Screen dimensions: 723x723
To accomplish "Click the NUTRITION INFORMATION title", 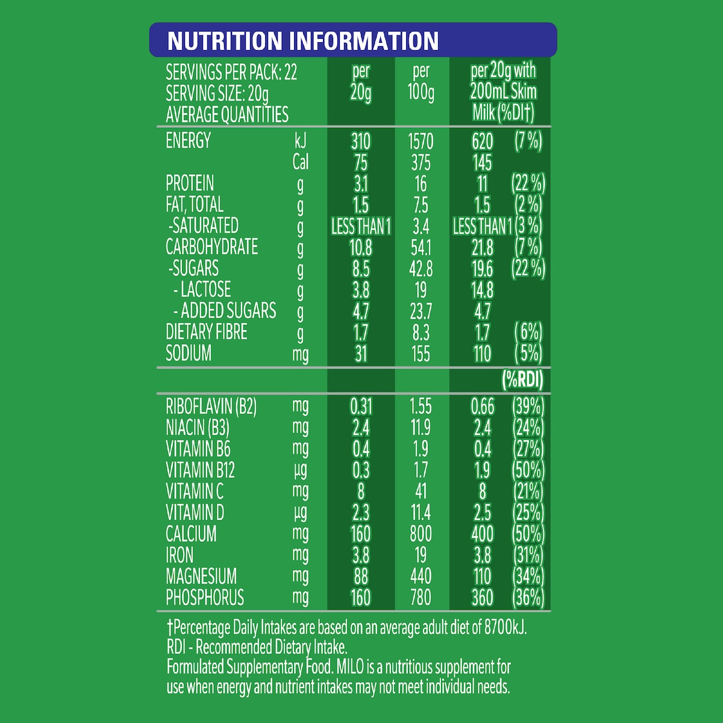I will click(303, 41).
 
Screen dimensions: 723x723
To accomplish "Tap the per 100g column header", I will click(421, 82).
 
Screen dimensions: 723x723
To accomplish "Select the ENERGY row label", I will click(188, 140).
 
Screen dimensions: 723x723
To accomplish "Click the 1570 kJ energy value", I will click(421, 142).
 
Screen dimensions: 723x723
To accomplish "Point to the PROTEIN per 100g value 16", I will click(421, 184).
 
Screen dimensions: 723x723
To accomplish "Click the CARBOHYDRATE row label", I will click(211, 247).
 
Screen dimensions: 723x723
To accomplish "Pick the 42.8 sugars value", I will click(421, 269).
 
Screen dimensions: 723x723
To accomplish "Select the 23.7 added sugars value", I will click(421, 311).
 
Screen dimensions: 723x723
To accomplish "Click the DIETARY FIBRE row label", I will click(206, 332).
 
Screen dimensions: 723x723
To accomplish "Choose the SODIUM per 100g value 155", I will click(421, 354).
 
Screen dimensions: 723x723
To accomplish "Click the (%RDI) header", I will click(522, 380).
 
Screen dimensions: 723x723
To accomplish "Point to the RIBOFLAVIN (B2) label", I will click(211, 407).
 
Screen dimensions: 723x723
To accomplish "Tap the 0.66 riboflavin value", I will click(482, 407).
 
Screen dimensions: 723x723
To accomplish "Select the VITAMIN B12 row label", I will click(200, 470).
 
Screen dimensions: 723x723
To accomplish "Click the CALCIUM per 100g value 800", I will click(421, 534).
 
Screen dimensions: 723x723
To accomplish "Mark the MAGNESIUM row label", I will click(201, 576).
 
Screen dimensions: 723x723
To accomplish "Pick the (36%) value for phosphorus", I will click(528, 598).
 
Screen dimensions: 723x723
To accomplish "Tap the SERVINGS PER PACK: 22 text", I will click(231, 73).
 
